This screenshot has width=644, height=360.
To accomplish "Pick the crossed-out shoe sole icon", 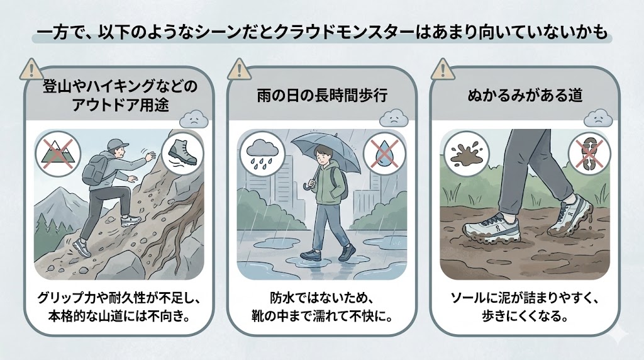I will click(587, 152).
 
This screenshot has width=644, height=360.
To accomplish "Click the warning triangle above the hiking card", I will click(31, 67).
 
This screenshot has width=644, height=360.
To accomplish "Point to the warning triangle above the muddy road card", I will click(443, 67).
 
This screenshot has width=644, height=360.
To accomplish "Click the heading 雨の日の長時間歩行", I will click(321, 96).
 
